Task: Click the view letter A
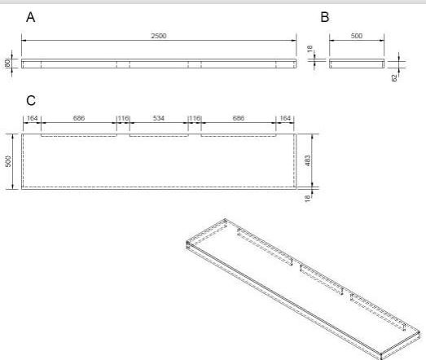click(x=31, y=17)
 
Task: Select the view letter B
click(x=325, y=17)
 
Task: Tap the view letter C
click(x=31, y=100)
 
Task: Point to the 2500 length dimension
click(x=159, y=36)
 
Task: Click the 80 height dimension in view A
click(x=8, y=64)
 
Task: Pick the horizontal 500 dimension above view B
click(x=357, y=36)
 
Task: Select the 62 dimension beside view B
click(x=394, y=77)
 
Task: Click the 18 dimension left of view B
click(x=310, y=49)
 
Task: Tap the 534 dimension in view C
click(x=159, y=118)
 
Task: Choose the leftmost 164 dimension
click(x=32, y=118)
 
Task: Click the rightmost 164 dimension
click(x=285, y=118)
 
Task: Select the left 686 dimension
click(x=79, y=118)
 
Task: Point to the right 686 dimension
click(x=239, y=118)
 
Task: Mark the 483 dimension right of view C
click(x=307, y=160)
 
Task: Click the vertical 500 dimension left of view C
click(x=8, y=161)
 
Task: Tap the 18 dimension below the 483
click(x=307, y=199)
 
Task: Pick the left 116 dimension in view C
click(x=123, y=118)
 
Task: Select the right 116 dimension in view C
click(x=195, y=118)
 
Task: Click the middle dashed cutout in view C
click(x=159, y=136)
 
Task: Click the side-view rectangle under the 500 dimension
click(x=357, y=64)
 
